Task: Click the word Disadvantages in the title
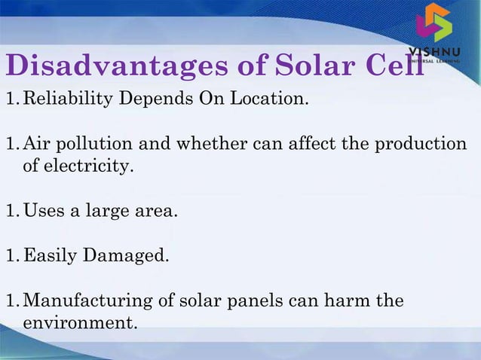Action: (106, 66)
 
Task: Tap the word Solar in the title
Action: (294, 66)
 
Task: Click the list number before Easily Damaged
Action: (11, 256)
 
